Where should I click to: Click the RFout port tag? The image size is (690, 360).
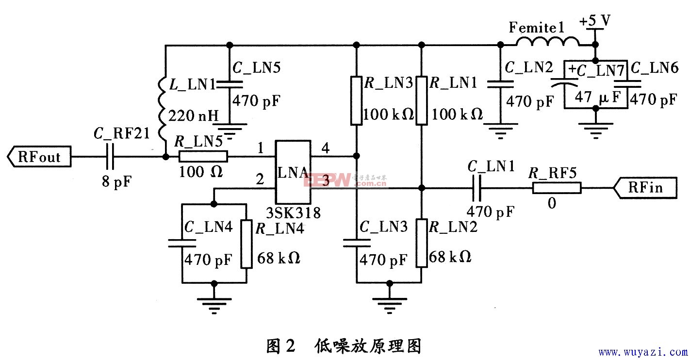tap(39, 157)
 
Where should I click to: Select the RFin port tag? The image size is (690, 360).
tap(645, 187)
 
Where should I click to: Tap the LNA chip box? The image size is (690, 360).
tap(293, 172)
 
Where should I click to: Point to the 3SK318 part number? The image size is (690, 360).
tap(293, 213)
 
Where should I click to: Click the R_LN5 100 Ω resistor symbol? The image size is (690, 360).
tap(203, 157)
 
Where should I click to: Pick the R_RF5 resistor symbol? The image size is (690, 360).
tap(557, 187)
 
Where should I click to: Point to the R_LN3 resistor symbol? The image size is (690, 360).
tap(356, 99)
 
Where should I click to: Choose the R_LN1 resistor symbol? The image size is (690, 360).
tap(422, 99)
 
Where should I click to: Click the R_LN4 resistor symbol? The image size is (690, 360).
tap(246, 244)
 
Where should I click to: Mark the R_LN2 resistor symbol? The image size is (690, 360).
tap(422, 243)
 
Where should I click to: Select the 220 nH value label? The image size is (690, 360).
tap(194, 116)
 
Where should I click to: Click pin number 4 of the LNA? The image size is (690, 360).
tap(326, 149)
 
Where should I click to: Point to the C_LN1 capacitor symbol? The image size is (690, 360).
tap(478, 187)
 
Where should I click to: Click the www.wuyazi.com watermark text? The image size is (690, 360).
tap(642, 352)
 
